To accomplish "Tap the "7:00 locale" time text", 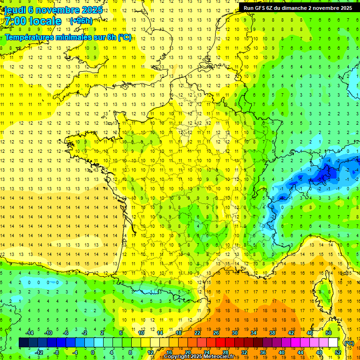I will click(x=33, y=21).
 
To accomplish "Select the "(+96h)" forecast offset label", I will click(x=81, y=21).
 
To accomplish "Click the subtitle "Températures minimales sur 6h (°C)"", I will click(x=68, y=37).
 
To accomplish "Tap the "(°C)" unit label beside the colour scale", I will click(x=349, y=343).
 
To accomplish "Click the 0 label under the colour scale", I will click(x=93, y=352).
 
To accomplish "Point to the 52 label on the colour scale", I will click(x=338, y=352).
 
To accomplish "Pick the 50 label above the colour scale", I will click(x=329, y=333).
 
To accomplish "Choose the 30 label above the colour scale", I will click(x=234, y=333).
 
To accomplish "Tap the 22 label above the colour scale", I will click(x=197, y=333).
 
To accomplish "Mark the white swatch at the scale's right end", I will click(x=333, y=343).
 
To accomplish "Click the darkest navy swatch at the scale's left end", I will click(x=23, y=343).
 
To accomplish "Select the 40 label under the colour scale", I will click(x=282, y=352).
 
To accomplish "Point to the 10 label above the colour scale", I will click(x=141, y=333).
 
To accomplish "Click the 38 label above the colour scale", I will click(x=272, y=333).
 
